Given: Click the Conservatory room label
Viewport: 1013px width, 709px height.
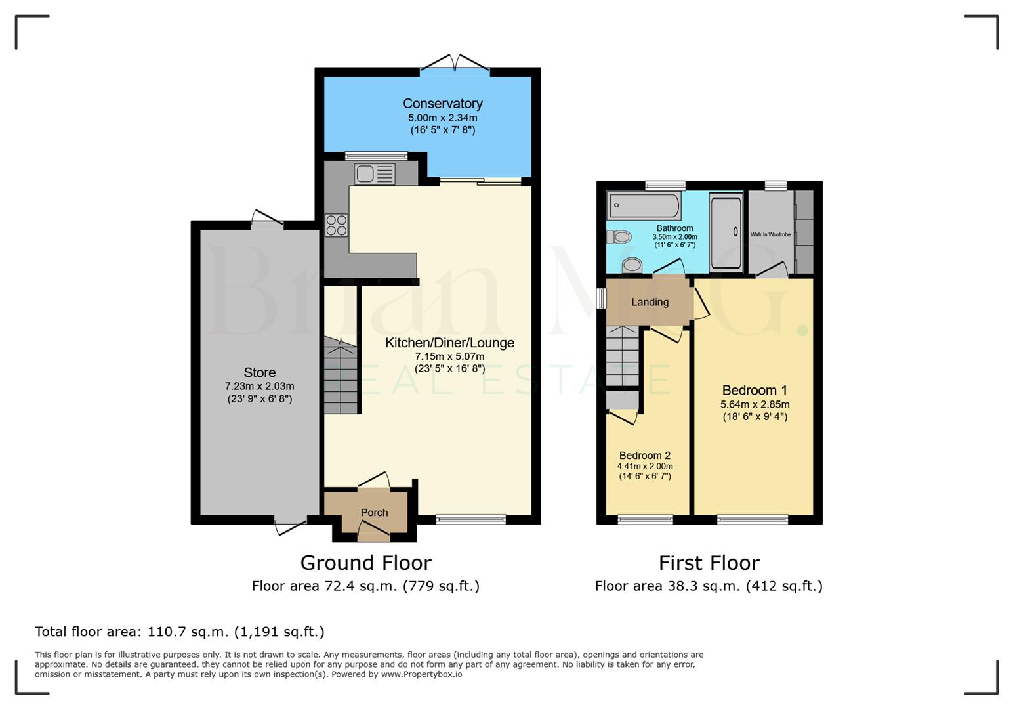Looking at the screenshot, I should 442,104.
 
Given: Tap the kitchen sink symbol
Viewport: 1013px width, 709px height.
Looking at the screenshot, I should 375,174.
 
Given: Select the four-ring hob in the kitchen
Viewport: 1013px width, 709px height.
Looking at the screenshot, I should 337,225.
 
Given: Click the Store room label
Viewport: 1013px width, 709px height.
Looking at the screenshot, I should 259,372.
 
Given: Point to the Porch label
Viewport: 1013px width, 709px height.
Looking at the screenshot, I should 374,513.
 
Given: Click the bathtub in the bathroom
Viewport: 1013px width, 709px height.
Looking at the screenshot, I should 644,205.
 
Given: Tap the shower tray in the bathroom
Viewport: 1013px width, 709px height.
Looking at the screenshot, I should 726,232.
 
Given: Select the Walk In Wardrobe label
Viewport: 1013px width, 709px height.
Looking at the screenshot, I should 770,234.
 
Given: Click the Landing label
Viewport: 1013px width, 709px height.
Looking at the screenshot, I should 650,302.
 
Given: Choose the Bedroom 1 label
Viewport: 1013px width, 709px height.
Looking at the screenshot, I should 755,390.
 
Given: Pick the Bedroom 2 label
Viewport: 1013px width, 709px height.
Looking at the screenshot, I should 644,456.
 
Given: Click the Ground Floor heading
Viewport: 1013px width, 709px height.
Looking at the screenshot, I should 365,563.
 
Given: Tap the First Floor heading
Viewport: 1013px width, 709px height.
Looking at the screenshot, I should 709,563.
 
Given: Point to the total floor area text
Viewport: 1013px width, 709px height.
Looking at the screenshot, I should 179,632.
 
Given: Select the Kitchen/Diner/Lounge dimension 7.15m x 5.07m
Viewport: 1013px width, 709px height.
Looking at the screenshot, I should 449,356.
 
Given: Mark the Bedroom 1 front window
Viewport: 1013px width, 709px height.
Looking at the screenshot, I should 753,520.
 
